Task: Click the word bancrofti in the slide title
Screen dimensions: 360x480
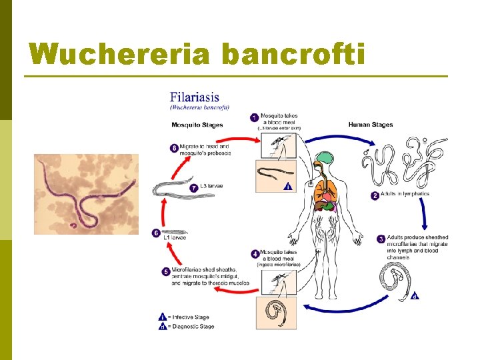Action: pos(293,54)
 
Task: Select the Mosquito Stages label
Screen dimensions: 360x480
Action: pos(197,125)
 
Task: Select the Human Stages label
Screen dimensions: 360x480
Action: pos(371,125)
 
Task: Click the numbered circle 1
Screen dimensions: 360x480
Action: pos(254,117)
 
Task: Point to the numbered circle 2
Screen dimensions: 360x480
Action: pos(375,195)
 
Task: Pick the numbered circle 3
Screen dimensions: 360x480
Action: pos(381,239)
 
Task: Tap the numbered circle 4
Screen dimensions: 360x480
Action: pos(254,254)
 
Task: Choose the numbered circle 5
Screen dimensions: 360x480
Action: pos(165,271)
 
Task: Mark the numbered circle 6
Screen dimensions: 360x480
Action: pos(155,233)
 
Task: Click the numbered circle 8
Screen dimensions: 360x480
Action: pos(173,148)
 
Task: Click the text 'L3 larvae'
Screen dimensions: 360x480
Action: pos(211,186)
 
